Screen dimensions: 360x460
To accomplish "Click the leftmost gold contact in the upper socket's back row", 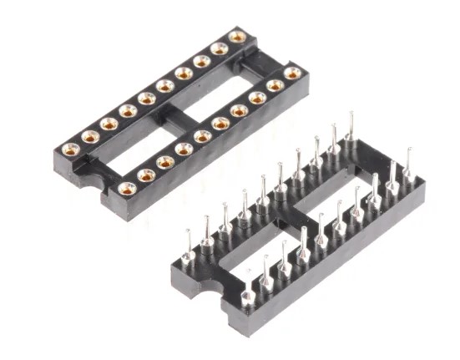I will click(71, 150).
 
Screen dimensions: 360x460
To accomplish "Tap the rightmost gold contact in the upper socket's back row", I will click(237, 37).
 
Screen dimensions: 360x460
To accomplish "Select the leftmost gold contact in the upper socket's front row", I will click(127, 188).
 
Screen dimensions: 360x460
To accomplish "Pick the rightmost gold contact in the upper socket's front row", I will click(292, 74).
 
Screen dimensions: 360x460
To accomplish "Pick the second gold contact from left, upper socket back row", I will click(90, 137).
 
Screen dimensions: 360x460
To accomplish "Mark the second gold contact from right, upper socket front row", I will click(275, 85).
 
